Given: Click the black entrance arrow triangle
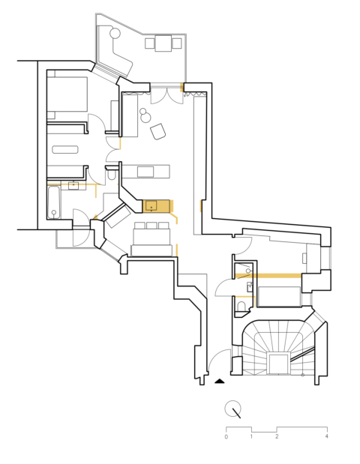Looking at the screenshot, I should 220,381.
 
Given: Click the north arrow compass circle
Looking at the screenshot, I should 234,409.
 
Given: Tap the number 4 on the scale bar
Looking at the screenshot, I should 326,436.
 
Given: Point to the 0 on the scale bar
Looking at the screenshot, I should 226,436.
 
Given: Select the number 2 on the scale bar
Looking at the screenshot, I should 277,436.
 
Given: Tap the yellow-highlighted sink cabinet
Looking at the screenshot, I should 157,206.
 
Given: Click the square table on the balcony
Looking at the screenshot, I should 164,43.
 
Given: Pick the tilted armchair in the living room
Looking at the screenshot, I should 158,132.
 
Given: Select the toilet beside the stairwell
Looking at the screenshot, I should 241,307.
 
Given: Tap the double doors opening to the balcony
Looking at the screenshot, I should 160,95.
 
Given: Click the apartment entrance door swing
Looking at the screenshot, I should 219,361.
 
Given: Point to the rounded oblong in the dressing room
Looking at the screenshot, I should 65,149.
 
